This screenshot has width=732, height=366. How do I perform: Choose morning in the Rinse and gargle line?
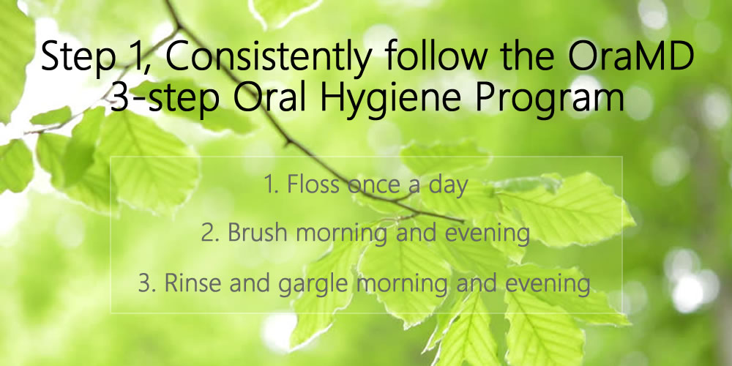(401, 285)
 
